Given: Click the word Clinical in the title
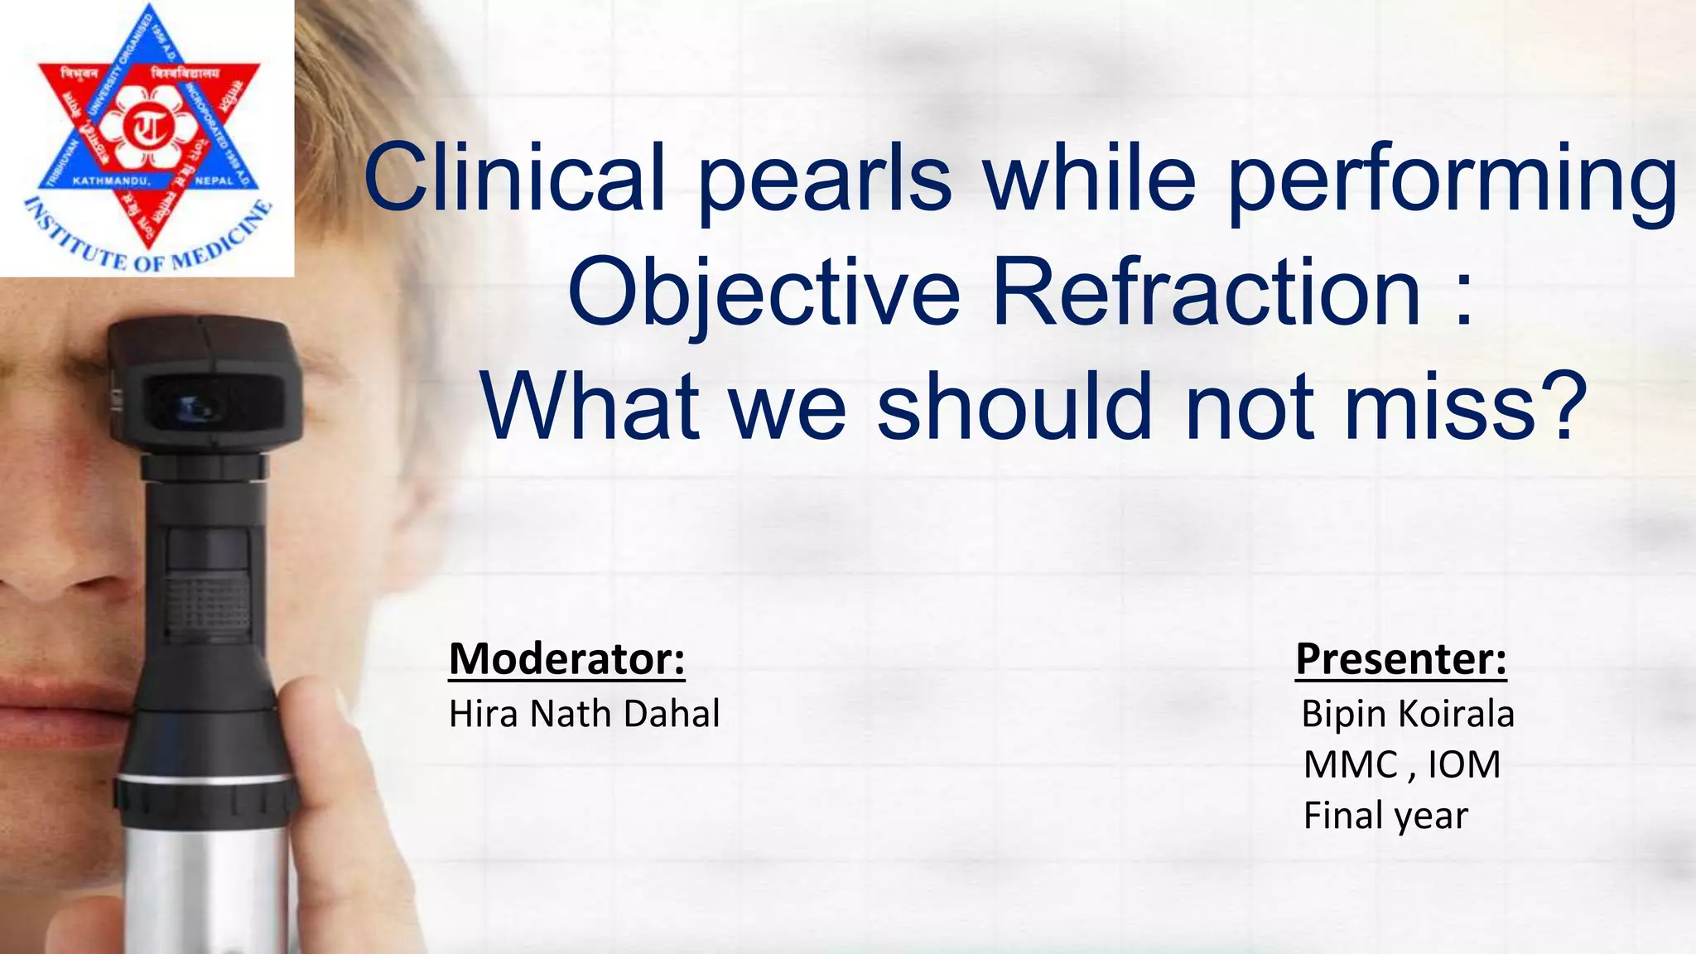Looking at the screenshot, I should (513, 178).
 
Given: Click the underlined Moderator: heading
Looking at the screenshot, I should (566, 660).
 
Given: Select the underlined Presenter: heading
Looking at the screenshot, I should (1400, 660).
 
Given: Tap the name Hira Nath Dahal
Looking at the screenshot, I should (584, 714).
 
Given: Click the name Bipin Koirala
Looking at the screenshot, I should (1407, 714).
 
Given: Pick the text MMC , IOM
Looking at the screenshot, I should (1401, 764).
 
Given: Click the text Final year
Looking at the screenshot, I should (1385, 816).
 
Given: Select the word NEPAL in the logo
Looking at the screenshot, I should (214, 181).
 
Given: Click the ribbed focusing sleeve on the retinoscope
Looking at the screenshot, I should (208, 605).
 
